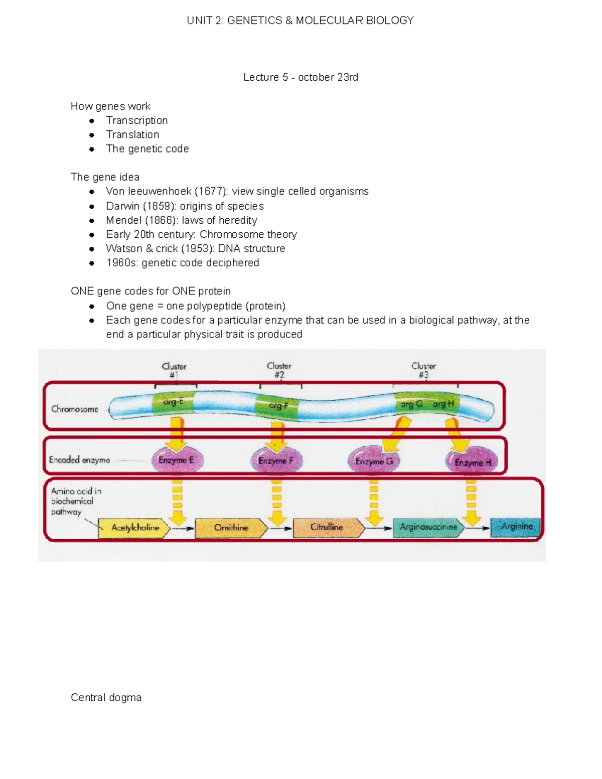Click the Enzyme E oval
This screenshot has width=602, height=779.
click(x=177, y=460)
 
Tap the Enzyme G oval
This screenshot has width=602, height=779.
click(x=374, y=461)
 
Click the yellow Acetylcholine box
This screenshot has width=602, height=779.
click(x=134, y=528)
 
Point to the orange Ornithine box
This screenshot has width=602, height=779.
click(x=231, y=528)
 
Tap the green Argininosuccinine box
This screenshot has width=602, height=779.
click(x=428, y=527)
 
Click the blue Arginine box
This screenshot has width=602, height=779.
click(x=516, y=527)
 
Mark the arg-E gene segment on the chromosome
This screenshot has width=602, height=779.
click(x=173, y=403)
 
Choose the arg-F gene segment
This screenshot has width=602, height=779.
click(x=277, y=406)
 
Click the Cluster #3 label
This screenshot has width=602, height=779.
click(x=423, y=370)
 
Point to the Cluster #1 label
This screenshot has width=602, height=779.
click(x=174, y=371)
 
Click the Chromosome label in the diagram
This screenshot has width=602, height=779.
click(x=75, y=409)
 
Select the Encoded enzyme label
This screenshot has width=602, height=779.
click(x=79, y=460)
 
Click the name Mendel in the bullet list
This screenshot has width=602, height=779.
click(x=123, y=220)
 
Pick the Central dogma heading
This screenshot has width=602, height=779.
click(x=106, y=698)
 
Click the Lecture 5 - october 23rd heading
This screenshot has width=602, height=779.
click(x=300, y=77)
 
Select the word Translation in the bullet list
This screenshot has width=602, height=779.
click(x=132, y=134)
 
